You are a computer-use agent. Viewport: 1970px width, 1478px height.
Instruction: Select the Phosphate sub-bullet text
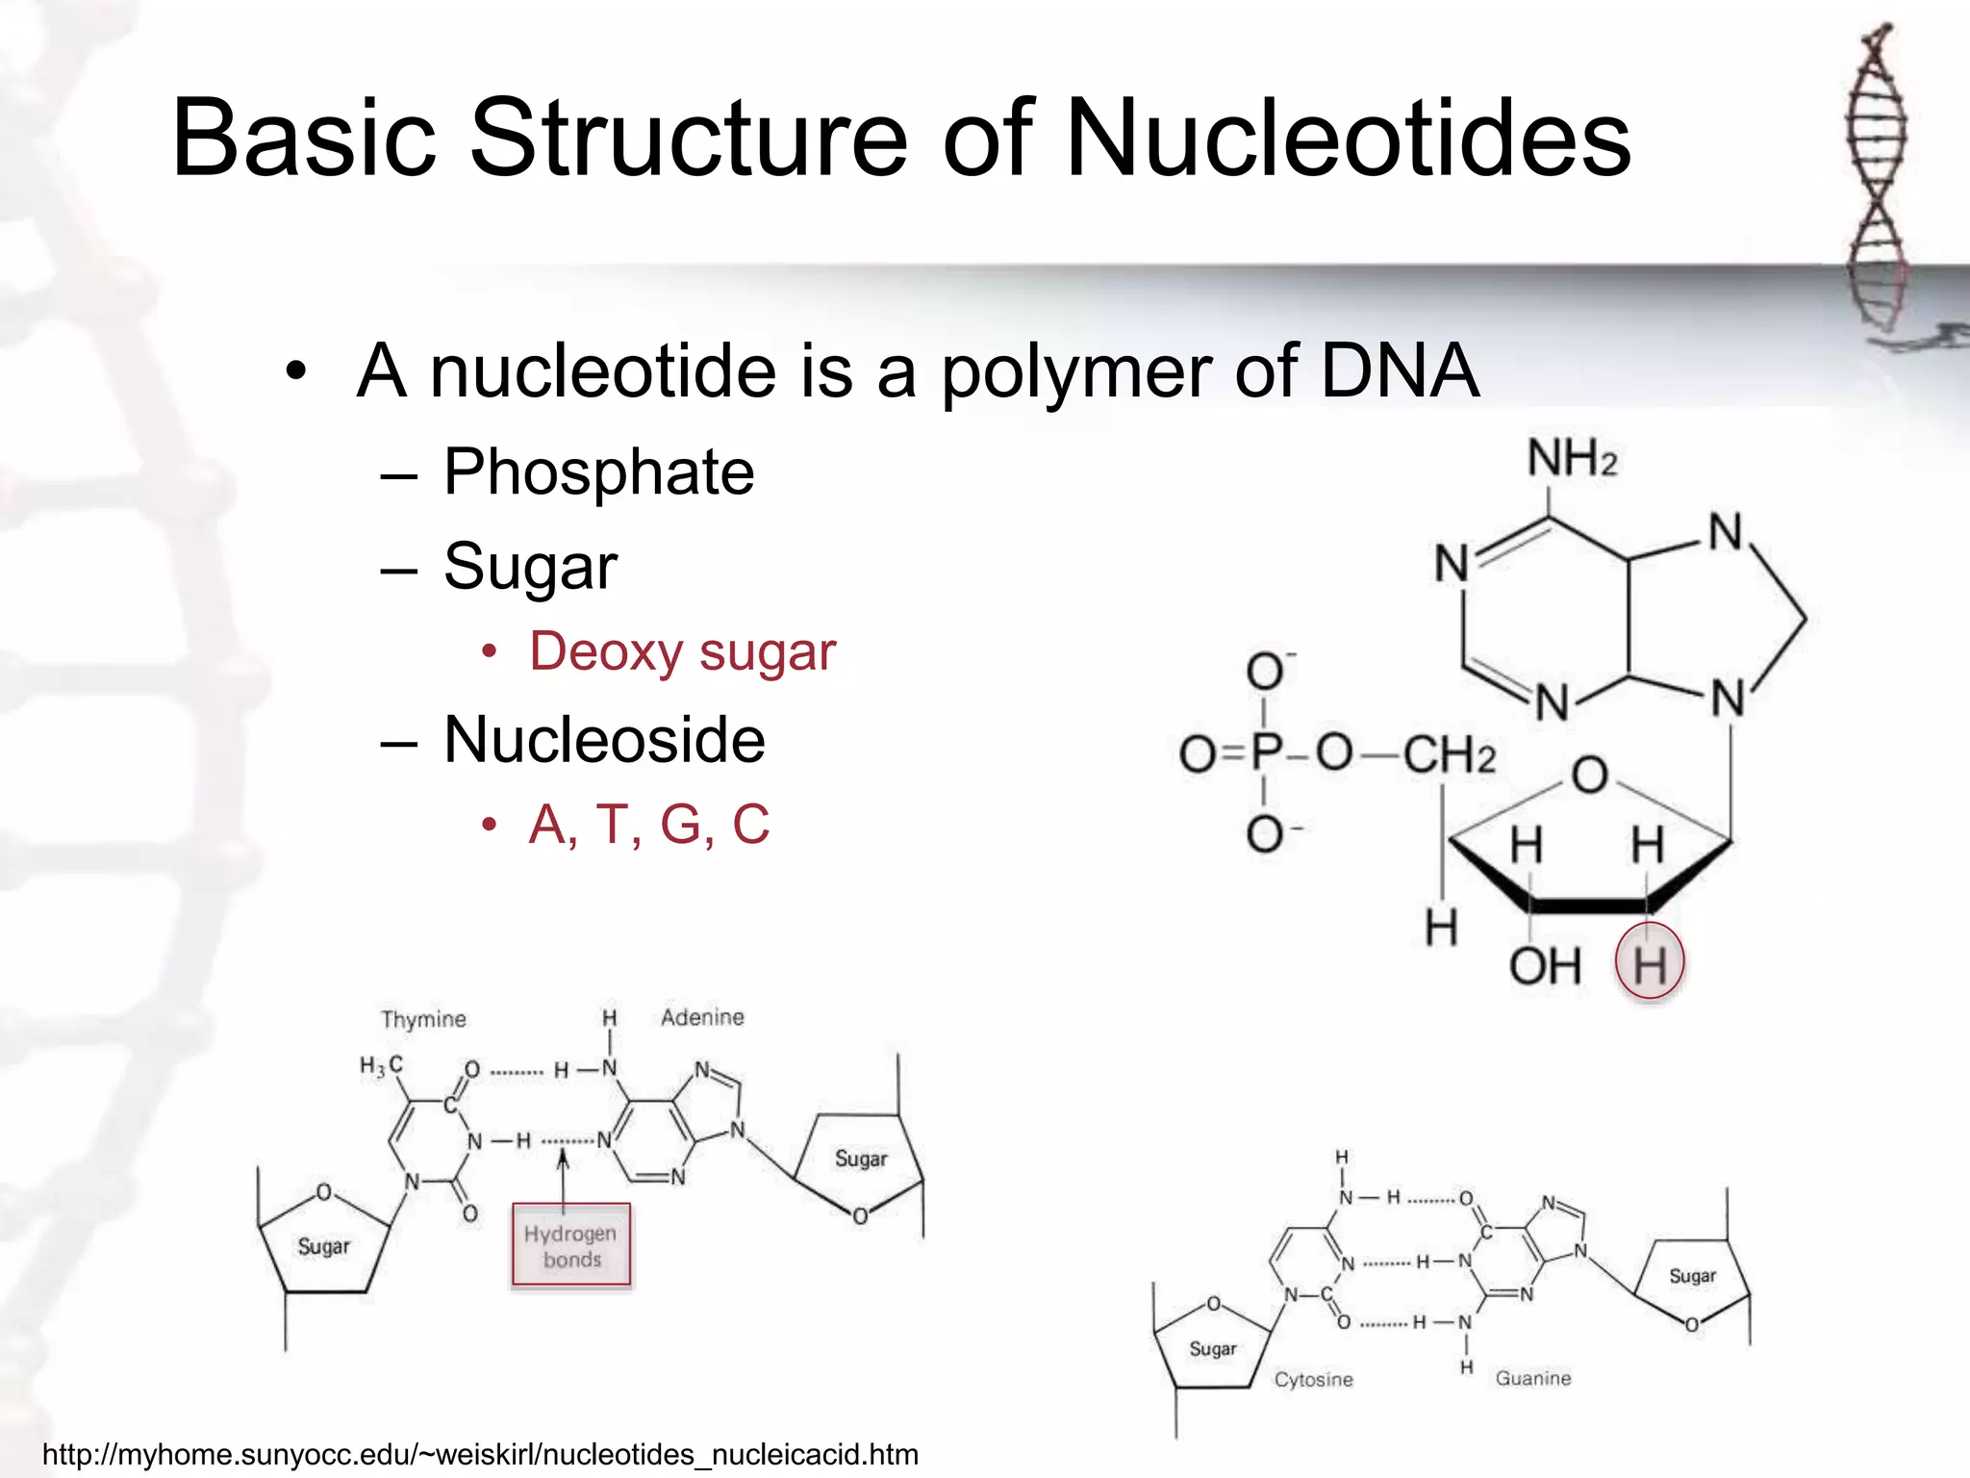[x=598, y=472]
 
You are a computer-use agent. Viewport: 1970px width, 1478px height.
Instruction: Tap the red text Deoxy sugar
[x=682, y=651]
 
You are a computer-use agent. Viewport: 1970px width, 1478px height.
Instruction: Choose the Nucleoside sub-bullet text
[x=604, y=740]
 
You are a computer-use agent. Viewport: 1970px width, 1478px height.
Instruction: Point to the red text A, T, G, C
[x=649, y=825]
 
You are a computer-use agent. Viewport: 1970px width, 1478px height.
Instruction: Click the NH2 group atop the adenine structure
[x=1572, y=458]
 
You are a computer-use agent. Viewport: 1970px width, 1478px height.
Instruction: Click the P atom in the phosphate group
[x=1267, y=752]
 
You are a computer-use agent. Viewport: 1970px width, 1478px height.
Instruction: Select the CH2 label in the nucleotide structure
[x=1449, y=754]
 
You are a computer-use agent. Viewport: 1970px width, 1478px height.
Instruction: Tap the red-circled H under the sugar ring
[x=1650, y=962]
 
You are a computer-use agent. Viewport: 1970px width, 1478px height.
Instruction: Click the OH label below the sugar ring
[x=1544, y=965]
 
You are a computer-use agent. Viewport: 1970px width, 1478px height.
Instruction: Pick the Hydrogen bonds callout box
[x=571, y=1245]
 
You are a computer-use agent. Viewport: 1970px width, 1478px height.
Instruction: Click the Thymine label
[x=423, y=1019]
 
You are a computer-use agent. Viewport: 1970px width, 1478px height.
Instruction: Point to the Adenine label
[x=702, y=1017]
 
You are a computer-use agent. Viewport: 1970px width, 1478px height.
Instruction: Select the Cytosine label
[x=1313, y=1380]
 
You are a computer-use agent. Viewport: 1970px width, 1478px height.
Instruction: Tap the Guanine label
[x=1532, y=1378]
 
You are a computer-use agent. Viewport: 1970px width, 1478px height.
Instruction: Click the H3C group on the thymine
[x=381, y=1065]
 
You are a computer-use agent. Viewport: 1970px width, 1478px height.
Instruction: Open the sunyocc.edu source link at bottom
[x=480, y=1454]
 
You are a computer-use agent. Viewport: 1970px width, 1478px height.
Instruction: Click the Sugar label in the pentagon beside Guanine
[x=1692, y=1276]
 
